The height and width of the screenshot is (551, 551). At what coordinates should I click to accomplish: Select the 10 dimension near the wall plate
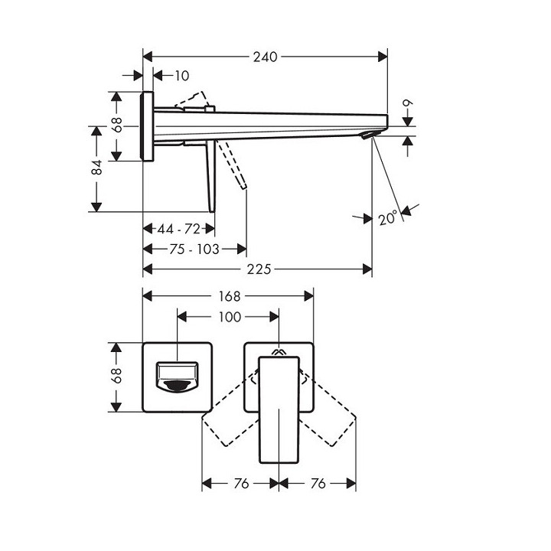point(181,76)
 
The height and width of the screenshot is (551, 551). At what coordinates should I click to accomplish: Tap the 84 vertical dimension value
point(97,168)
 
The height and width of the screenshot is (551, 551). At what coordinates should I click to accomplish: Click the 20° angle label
point(388,217)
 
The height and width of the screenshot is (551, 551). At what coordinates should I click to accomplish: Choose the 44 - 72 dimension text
point(178,229)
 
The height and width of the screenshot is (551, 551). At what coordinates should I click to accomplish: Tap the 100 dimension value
point(230,316)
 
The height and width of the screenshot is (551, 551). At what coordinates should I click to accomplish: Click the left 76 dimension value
point(240,483)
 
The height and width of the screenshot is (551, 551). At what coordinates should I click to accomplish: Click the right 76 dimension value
point(318,483)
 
